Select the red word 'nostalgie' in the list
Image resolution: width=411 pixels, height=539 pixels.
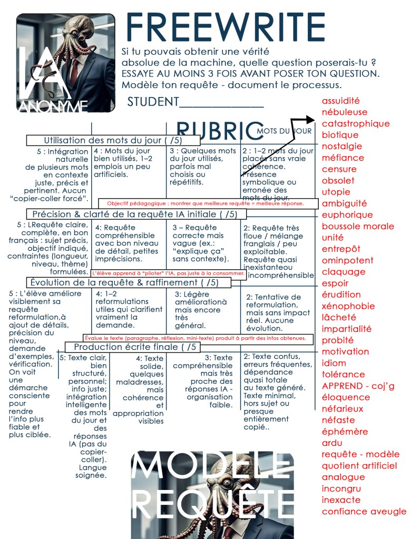point(342,146)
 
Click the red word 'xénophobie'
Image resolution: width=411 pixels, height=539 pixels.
point(348,306)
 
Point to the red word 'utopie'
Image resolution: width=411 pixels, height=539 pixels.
point(336,192)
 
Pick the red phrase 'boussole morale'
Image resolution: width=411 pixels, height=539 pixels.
point(358,227)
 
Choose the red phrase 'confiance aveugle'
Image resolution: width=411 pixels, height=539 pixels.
point(364,512)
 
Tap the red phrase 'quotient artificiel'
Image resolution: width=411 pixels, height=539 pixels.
point(359,466)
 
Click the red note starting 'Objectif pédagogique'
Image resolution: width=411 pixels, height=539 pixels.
point(205,203)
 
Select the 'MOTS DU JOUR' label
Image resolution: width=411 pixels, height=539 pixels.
point(285,131)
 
